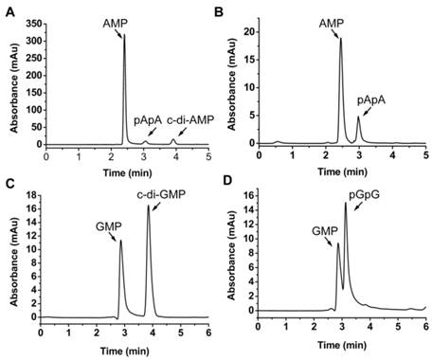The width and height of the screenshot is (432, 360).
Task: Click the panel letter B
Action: click(x=225, y=9)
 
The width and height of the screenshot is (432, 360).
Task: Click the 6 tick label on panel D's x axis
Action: click(x=425, y=324)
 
